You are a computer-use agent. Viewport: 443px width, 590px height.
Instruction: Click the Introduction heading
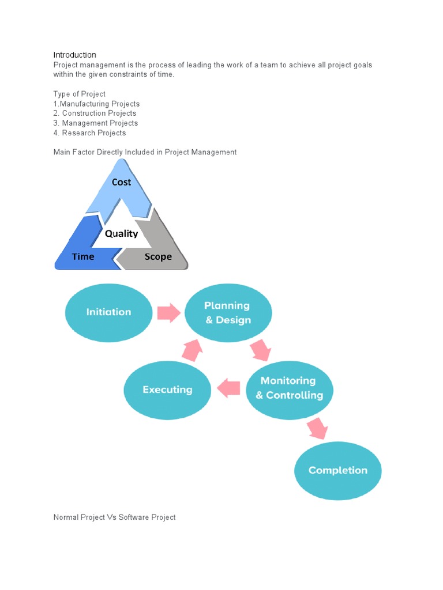point(75,55)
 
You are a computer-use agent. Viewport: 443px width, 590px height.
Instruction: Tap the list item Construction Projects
point(95,114)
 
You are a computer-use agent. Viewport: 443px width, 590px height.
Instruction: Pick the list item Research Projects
point(90,133)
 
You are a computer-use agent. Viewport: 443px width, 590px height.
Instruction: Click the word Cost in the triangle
point(121,182)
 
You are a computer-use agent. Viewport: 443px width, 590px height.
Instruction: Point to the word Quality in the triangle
point(121,233)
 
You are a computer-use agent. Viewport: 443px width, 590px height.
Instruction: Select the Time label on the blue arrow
point(83,256)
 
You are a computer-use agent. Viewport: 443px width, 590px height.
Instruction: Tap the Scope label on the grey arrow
point(158,256)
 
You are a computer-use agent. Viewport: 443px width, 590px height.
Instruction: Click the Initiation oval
point(108,312)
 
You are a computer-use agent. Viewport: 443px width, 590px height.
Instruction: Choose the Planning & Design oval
point(228,312)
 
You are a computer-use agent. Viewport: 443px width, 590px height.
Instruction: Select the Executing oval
point(167,390)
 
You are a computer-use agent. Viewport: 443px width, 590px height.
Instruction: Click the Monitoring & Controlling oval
point(289,388)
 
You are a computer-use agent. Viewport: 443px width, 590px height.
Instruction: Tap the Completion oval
point(338,471)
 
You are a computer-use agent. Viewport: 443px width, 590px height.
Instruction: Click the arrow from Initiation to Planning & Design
point(168,313)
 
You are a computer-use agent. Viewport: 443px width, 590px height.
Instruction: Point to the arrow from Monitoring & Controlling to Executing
point(228,388)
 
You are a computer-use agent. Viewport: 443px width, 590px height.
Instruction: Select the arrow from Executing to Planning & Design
point(192,349)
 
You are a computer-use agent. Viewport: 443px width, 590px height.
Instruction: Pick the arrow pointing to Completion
point(317,429)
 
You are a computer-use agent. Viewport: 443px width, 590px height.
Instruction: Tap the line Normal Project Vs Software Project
point(114,517)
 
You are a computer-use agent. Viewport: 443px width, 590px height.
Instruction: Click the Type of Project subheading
point(80,94)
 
